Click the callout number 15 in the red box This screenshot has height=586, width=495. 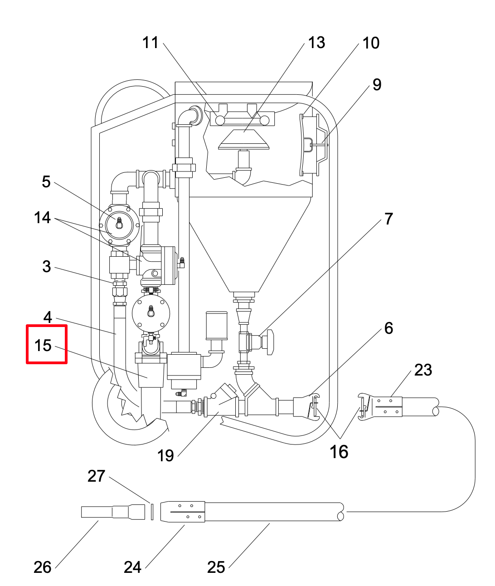point(43,345)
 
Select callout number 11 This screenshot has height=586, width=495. point(150,43)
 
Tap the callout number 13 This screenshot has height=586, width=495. point(316,43)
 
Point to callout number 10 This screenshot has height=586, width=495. point(371,43)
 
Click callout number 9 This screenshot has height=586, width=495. point(377,84)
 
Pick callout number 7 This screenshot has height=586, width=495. point(388,219)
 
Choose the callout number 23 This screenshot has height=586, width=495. point(423,370)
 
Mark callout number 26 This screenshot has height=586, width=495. point(43,567)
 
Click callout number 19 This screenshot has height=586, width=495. point(165,455)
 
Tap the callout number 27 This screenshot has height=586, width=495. point(97,476)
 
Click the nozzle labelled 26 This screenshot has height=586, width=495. point(113,512)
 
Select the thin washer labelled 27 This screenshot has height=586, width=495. point(152,512)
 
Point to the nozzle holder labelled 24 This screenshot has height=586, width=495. point(183,512)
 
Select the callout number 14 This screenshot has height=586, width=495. point(42,218)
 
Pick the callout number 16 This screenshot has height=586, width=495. point(339,452)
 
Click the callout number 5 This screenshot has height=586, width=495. point(46,182)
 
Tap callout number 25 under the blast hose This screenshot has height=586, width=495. point(216,567)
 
